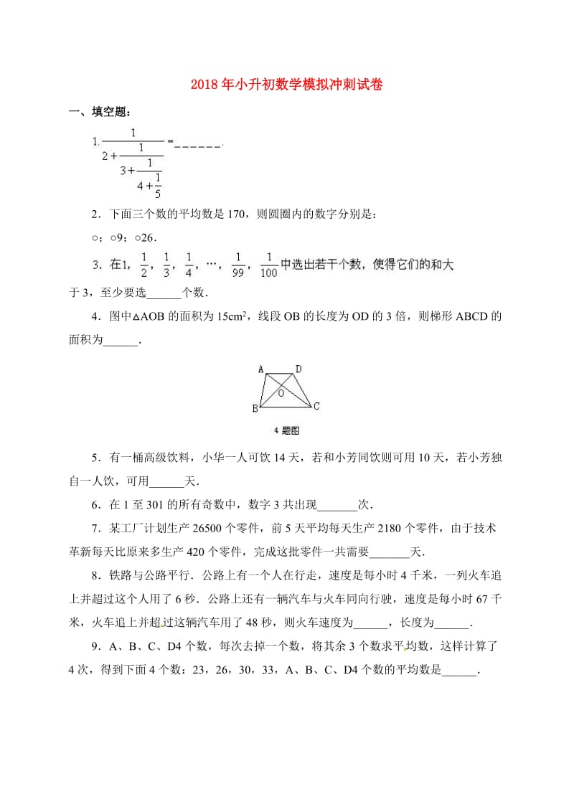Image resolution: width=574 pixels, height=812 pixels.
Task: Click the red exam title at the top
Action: [x=286, y=85]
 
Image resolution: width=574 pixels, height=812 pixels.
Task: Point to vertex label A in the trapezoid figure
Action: [x=261, y=369]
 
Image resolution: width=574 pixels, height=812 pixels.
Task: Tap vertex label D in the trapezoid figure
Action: [x=298, y=369]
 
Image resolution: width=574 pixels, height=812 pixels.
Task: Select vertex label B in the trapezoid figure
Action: [x=254, y=409]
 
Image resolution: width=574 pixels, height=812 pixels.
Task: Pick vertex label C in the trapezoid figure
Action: [x=316, y=407]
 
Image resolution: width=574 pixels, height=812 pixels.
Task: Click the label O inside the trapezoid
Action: [x=281, y=393]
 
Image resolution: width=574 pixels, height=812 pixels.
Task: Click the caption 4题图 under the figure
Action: [x=286, y=430]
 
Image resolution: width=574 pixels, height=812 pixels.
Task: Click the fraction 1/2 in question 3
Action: [x=143, y=265]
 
